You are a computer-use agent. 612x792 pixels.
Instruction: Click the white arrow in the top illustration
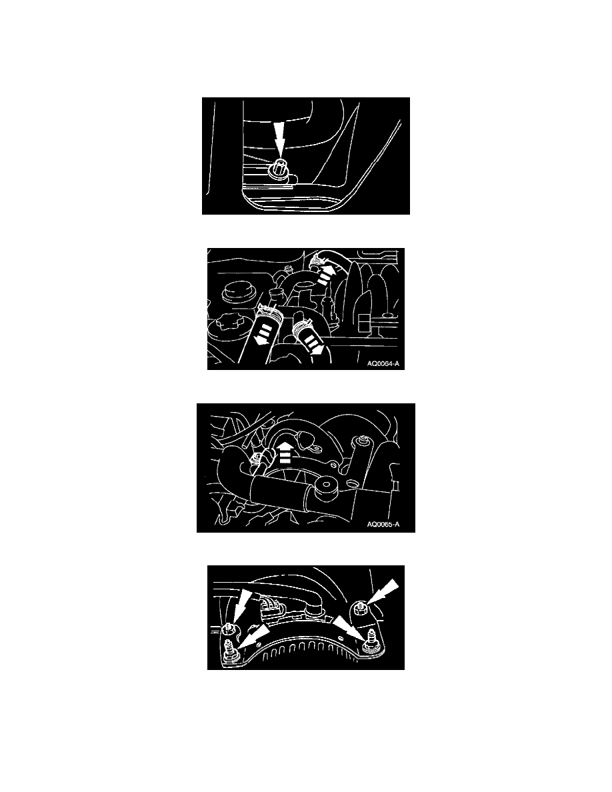click(279, 140)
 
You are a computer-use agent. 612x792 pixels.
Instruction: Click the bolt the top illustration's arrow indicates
click(279, 169)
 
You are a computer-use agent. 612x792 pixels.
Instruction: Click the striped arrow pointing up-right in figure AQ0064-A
click(326, 276)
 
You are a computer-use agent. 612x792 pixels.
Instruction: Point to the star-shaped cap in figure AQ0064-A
click(228, 326)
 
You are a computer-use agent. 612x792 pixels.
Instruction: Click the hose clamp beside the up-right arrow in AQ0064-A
click(317, 261)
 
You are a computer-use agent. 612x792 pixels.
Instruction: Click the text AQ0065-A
click(383, 524)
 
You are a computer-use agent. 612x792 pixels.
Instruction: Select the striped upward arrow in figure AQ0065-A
click(284, 452)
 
